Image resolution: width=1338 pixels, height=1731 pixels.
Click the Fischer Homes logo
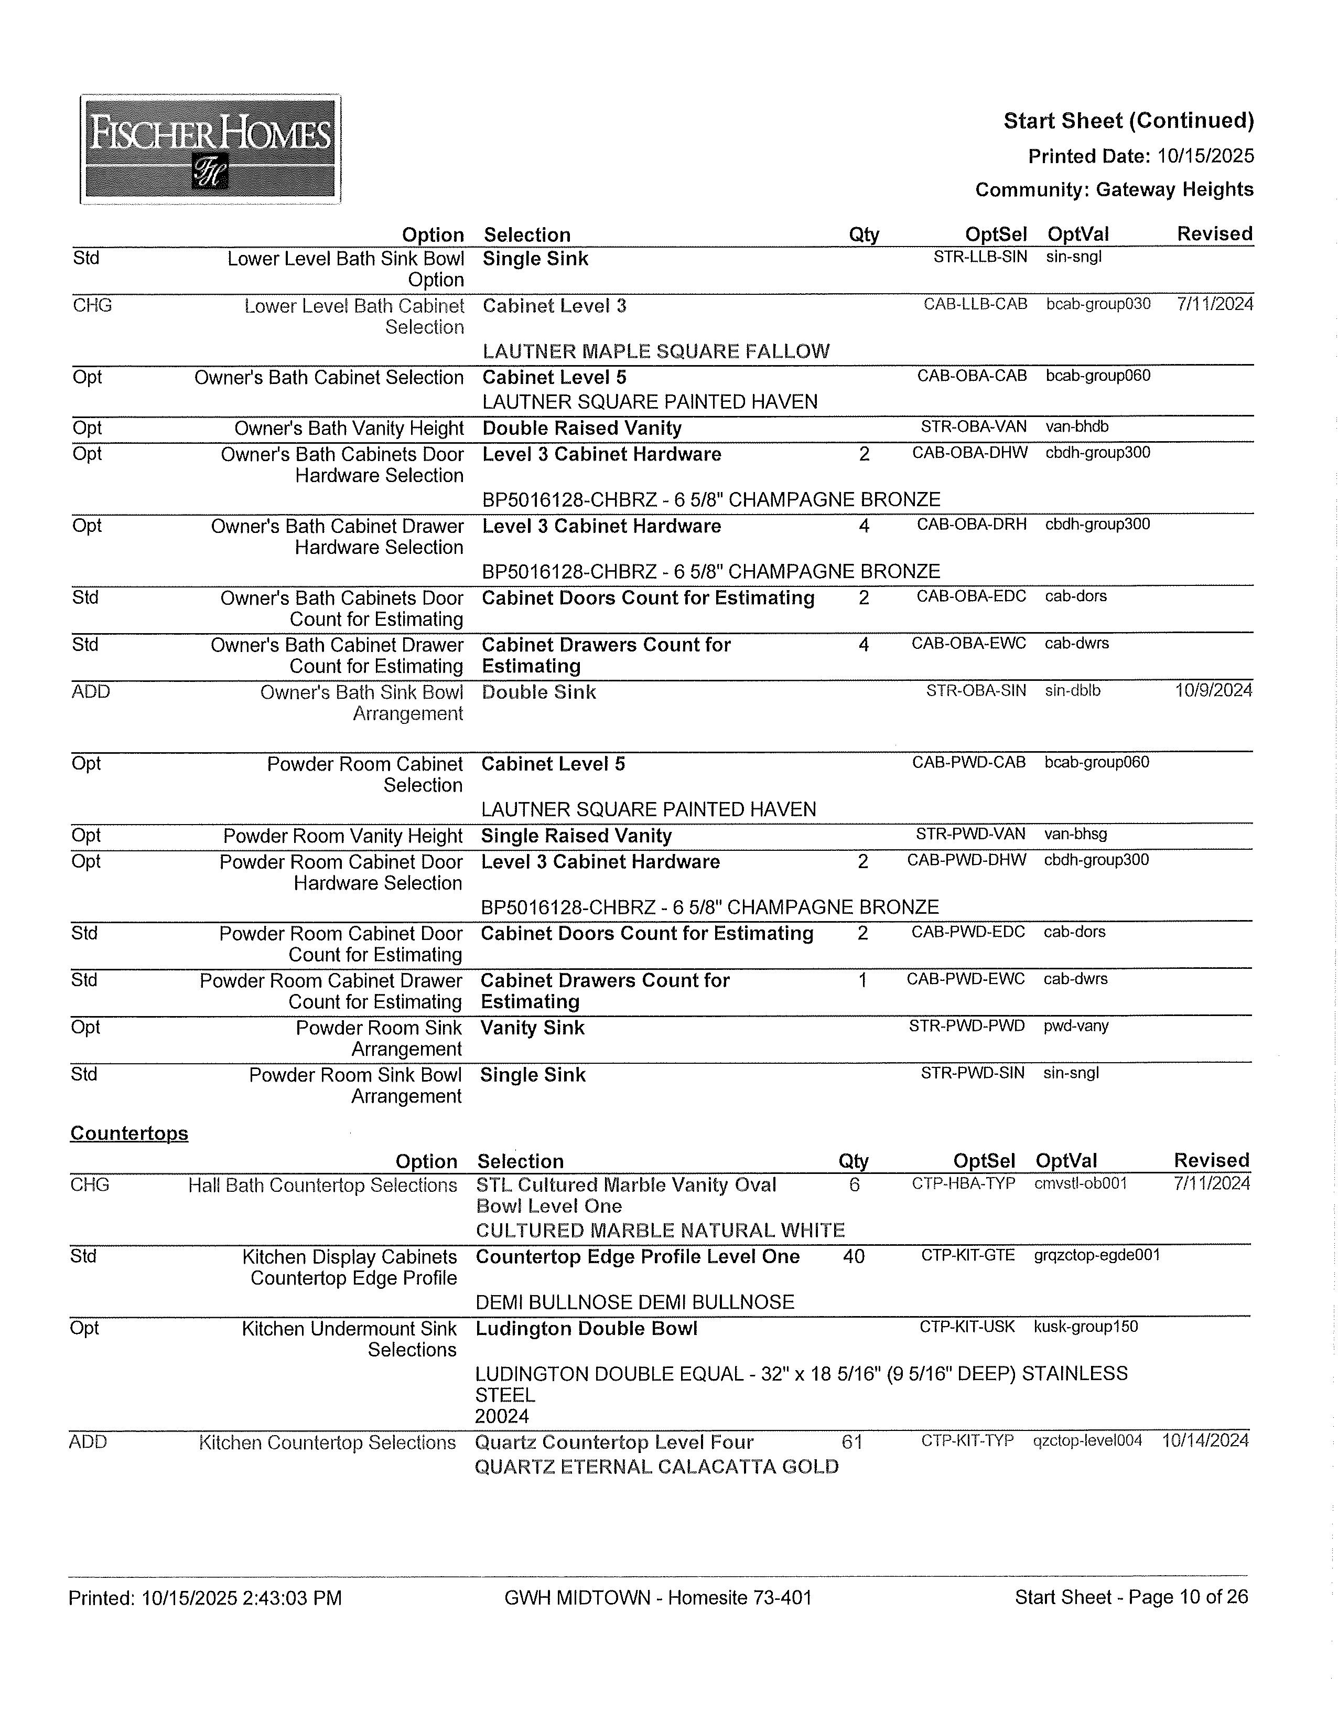point(210,149)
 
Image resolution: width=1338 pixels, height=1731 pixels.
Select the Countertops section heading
point(129,1134)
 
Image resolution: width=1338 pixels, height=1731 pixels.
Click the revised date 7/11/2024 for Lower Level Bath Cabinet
point(1215,304)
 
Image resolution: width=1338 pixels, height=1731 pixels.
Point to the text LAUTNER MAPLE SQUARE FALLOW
point(656,351)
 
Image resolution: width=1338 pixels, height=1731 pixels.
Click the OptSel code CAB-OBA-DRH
point(971,525)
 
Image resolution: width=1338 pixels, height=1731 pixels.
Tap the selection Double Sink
point(538,692)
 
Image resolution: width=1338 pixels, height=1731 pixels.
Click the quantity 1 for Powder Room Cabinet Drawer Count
point(862,980)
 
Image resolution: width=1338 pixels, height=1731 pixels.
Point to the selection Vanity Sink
point(532,1028)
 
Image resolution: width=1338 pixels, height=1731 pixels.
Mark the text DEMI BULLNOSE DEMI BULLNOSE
point(634,1302)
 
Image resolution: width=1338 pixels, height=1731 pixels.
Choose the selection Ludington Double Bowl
point(586,1328)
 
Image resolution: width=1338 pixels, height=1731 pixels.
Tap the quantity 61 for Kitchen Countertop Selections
point(851,1441)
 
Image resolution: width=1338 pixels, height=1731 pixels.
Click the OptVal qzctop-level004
point(1087,1440)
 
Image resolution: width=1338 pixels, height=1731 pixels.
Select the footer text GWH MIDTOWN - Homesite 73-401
point(657,1597)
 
